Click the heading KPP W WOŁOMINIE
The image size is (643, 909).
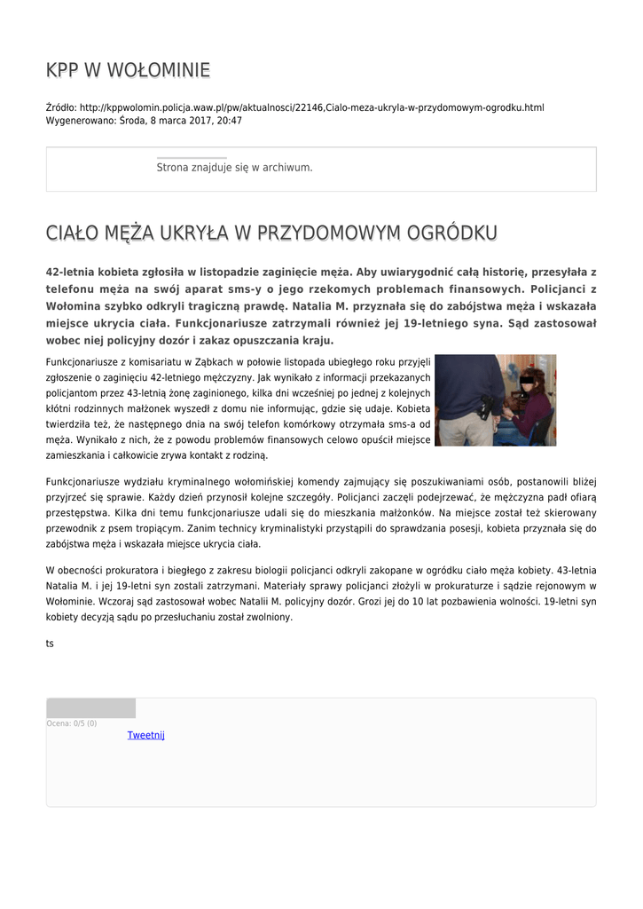click(128, 70)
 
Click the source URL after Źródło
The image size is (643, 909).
click(311, 107)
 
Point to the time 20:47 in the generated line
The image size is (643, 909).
click(230, 121)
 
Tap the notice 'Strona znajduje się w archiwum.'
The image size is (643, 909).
click(234, 167)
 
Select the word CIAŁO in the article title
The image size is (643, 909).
click(73, 233)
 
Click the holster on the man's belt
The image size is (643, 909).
click(484, 407)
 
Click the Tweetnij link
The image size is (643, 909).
click(145, 735)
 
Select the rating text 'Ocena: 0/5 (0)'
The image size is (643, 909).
click(72, 723)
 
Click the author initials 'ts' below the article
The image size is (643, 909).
click(50, 644)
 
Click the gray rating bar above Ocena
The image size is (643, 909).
click(90, 708)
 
